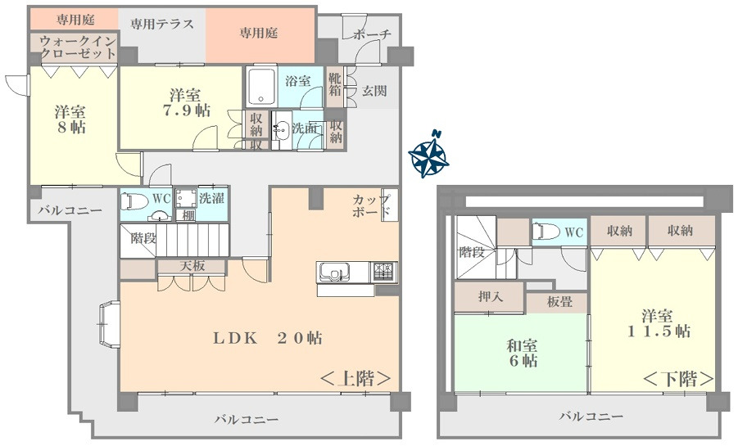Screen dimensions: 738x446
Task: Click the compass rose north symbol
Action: pos(428,155)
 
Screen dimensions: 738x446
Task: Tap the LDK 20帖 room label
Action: pos(268,338)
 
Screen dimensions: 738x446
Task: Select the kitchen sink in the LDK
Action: pos(334,272)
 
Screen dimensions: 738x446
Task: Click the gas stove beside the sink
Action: pos(386,272)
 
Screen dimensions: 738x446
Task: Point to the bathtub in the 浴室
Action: pos(260,86)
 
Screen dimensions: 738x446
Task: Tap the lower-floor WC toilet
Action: pos(546,231)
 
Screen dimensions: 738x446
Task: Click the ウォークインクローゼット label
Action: pos(78,47)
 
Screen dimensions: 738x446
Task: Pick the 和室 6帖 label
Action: pos(523,354)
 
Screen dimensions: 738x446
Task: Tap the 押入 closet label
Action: pos(491,296)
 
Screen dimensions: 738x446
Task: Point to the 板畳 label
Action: pos(559,302)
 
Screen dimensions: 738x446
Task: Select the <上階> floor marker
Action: pos(355,378)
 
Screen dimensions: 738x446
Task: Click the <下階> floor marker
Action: pos(678,378)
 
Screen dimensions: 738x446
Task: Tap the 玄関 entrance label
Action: pos(374,91)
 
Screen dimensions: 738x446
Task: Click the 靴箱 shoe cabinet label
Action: pos(335,83)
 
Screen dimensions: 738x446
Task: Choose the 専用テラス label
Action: pos(162,24)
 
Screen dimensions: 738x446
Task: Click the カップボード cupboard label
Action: pos(371,205)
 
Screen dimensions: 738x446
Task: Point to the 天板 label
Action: pos(192,266)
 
